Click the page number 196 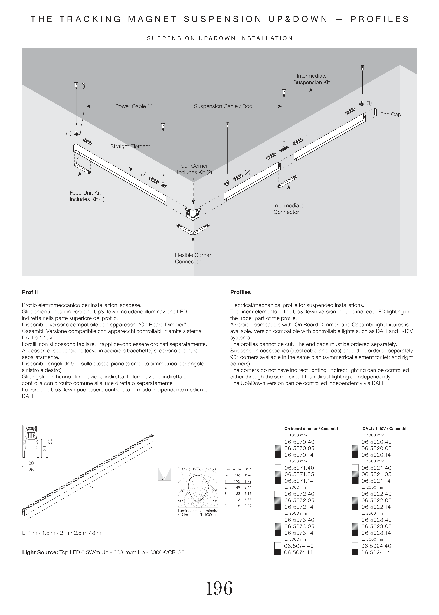point(219,588)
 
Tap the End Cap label point(390,114)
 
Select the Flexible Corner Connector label point(193,258)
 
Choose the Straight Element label point(130,146)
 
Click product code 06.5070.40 point(299,442)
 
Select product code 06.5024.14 point(376,552)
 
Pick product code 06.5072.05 point(299,501)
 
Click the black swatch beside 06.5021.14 point(355,481)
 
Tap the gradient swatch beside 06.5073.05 point(278,527)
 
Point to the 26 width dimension point(31,470)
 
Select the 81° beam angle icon point(164,474)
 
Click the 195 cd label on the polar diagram point(198,469)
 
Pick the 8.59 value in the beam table point(248,506)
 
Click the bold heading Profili point(30,292)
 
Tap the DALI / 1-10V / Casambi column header point(384,429)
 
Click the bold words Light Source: point(40,552)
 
